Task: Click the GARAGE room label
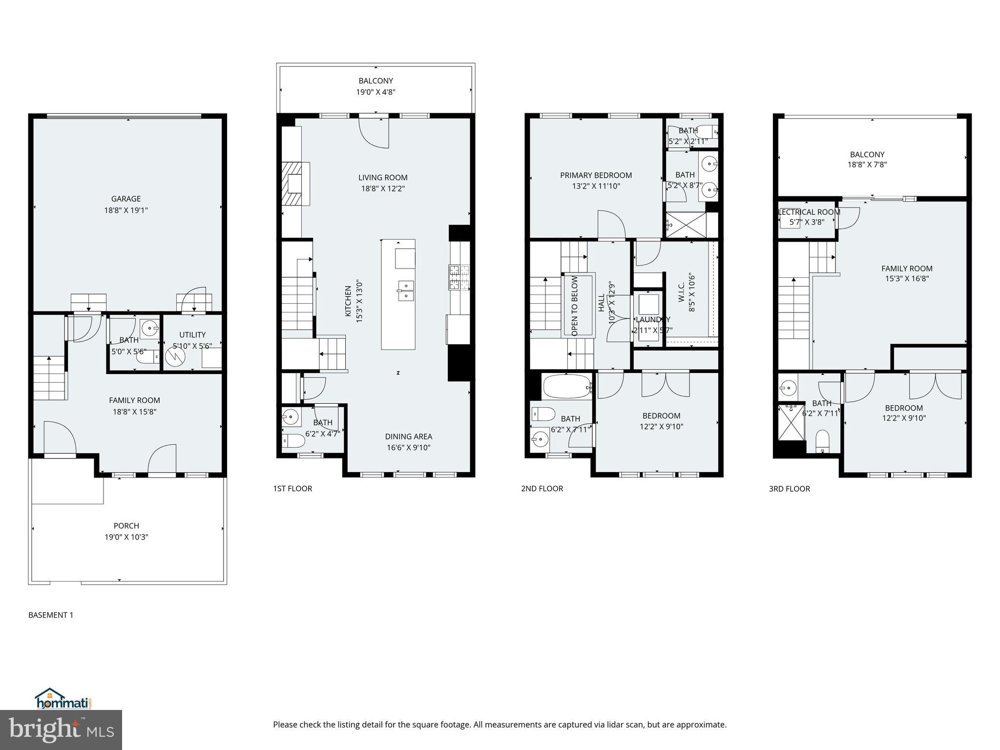[x=126, y=199]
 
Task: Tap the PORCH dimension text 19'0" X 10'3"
[x=126, y=537]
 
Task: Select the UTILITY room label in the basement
[x=192, y=334]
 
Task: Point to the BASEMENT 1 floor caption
[x=51, y=615]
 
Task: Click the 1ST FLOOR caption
[x=292, y=488]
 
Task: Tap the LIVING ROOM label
[x=383, y=178]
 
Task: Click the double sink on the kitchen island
[x=405, y=290]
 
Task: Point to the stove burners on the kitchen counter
[x=459, y=277]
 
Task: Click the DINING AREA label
[x=408, y=437]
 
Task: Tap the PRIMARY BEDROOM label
[x=596, y=175]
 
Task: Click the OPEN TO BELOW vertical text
[x=575, y=306]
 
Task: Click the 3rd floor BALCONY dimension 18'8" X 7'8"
[x=867, y=165]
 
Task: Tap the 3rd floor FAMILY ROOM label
[x=907, y=269]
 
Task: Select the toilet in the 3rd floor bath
[x=822, y=440]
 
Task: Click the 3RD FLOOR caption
[x=789, y=489]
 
